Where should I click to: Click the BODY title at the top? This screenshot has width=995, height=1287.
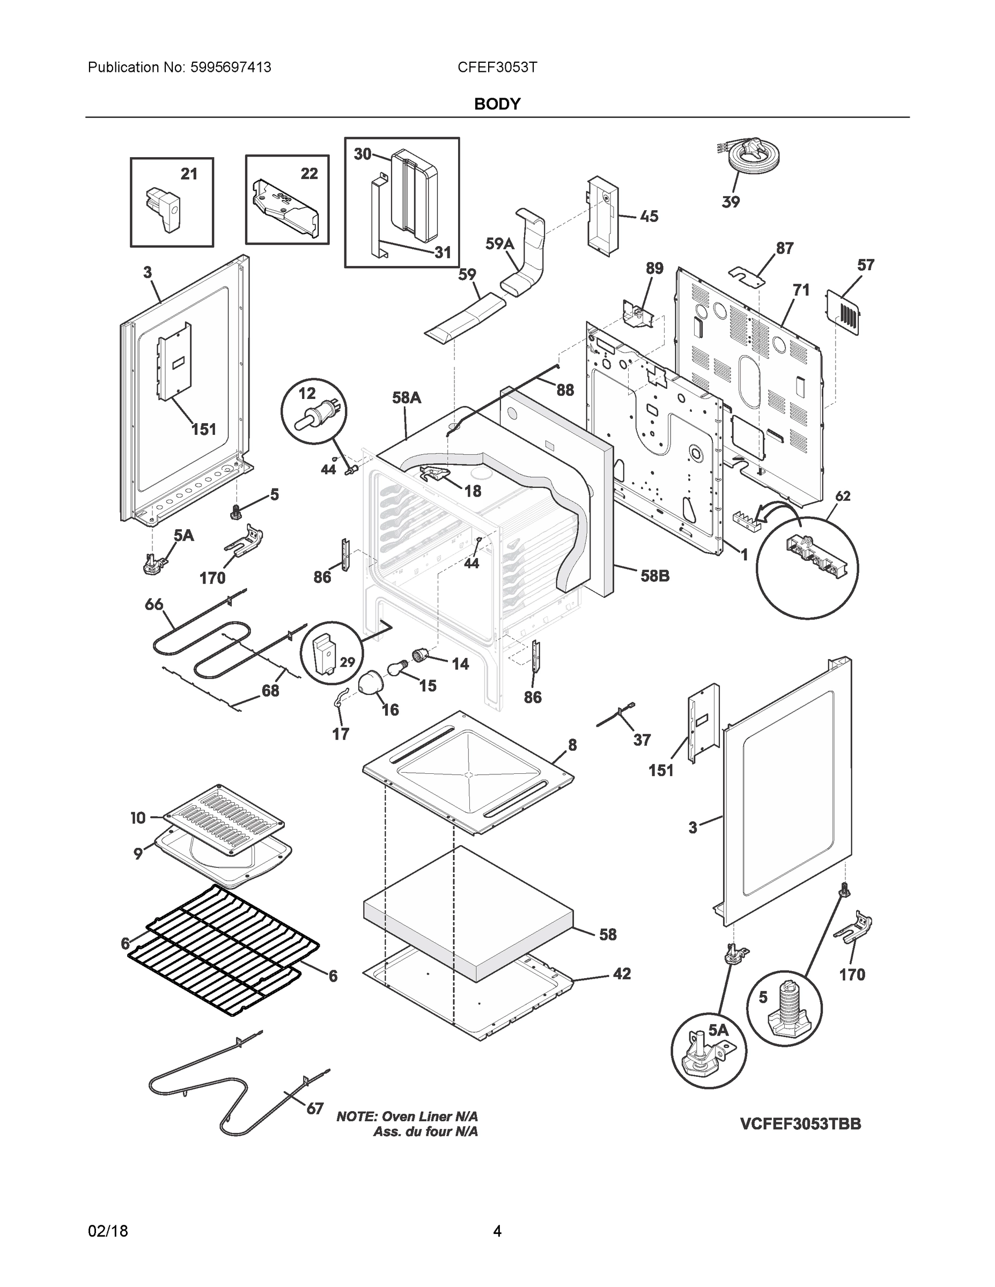(x=497, y=105)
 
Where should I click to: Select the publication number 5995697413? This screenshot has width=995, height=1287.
(x=231, y=68)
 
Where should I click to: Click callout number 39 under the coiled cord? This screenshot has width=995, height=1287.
(x=731, y=202)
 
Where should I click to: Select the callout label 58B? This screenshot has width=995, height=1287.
(x=655, y=576)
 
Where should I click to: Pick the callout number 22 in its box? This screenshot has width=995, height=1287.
(x=309, y=174)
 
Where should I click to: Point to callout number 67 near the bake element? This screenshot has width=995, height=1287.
(x=314, y=1108)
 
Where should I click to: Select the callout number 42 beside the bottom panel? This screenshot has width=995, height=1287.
(x=622, y=974)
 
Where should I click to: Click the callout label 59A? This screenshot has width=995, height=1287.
(x=499, y=244)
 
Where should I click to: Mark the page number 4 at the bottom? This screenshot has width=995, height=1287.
(x=497, y=1231)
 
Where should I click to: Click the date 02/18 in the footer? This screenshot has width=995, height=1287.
(x=108, y=1231)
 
